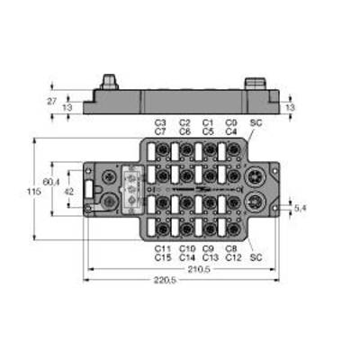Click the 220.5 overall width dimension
click(x=165, y=281)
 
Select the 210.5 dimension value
click(x=199, y=269)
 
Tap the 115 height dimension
click(x=34, y=192)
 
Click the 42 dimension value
click(x=69, y=192)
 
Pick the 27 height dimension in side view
click(x=52, y=102)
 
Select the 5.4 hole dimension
click(x=301, y=208)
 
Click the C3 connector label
click(x=160, y=122)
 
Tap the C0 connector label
click(x=231, y=122)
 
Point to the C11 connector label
click(x=163, y=248)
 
